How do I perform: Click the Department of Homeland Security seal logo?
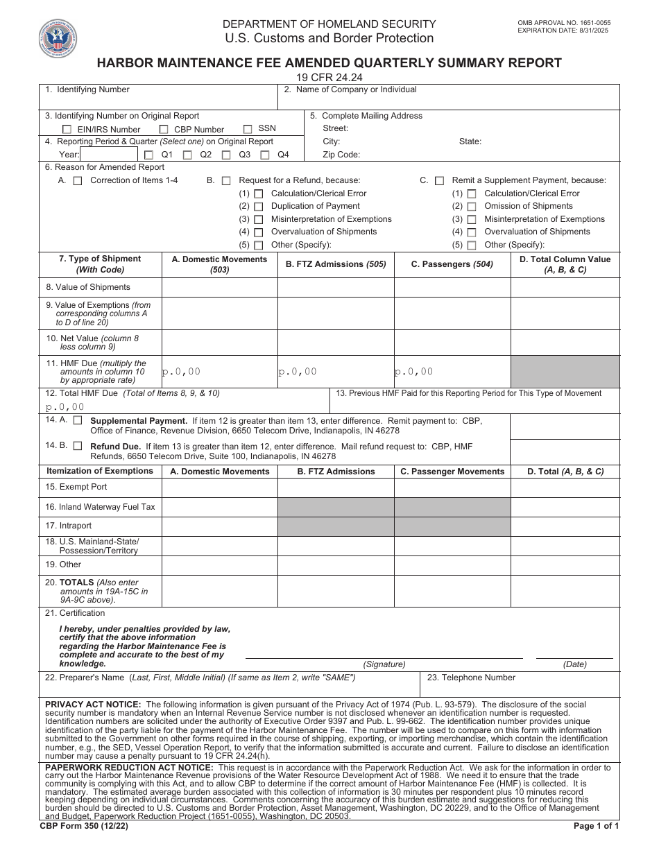coord(58,38)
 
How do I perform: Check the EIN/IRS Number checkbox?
coord(67,130)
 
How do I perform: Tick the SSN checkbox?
coord(248,129)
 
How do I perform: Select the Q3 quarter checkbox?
coord(227,155)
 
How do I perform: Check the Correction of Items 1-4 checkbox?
coord(78,180)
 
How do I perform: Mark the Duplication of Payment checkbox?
coord(259,207)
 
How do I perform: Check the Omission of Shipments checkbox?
coord(472,207)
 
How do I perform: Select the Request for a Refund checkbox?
coord(226,180)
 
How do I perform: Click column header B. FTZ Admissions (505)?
coord(336,264)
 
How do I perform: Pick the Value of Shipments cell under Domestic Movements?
coord(219,287)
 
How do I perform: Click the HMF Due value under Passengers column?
coord(452,372)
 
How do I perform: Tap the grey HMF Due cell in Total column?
coord(565,372)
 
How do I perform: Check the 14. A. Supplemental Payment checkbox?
coord(78,420)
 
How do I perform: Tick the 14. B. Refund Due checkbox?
coord(78,446)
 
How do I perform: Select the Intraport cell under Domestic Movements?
coord(219,526)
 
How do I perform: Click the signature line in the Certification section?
coord(384,656)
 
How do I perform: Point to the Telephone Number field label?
coord(471,678)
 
